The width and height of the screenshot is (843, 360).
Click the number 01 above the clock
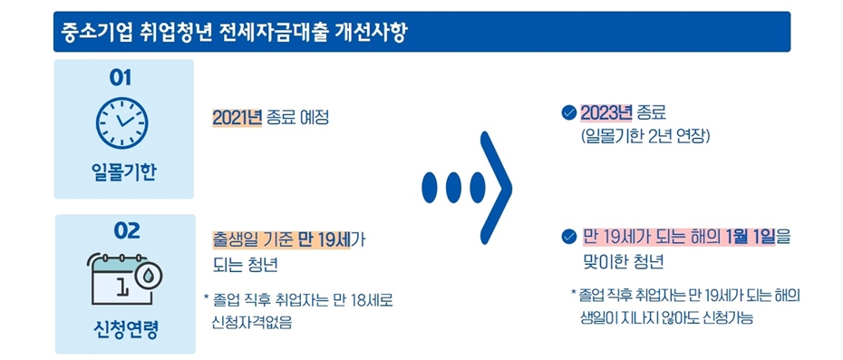[x=121, y=78]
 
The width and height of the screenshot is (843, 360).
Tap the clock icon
[x=122, y=124]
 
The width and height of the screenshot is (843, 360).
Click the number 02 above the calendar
[x=126, y=231]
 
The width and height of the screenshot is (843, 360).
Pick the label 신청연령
[x=125, y=328]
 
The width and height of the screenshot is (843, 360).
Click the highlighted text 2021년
[x=237, y=119]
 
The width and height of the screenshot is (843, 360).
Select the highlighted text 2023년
[x=606, y=113]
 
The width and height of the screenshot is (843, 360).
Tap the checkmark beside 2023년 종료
[x=569, y=114]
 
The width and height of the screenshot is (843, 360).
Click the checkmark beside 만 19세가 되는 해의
[x=569, y=238]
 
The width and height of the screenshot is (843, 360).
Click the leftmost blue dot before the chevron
[x=431, y=186]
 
